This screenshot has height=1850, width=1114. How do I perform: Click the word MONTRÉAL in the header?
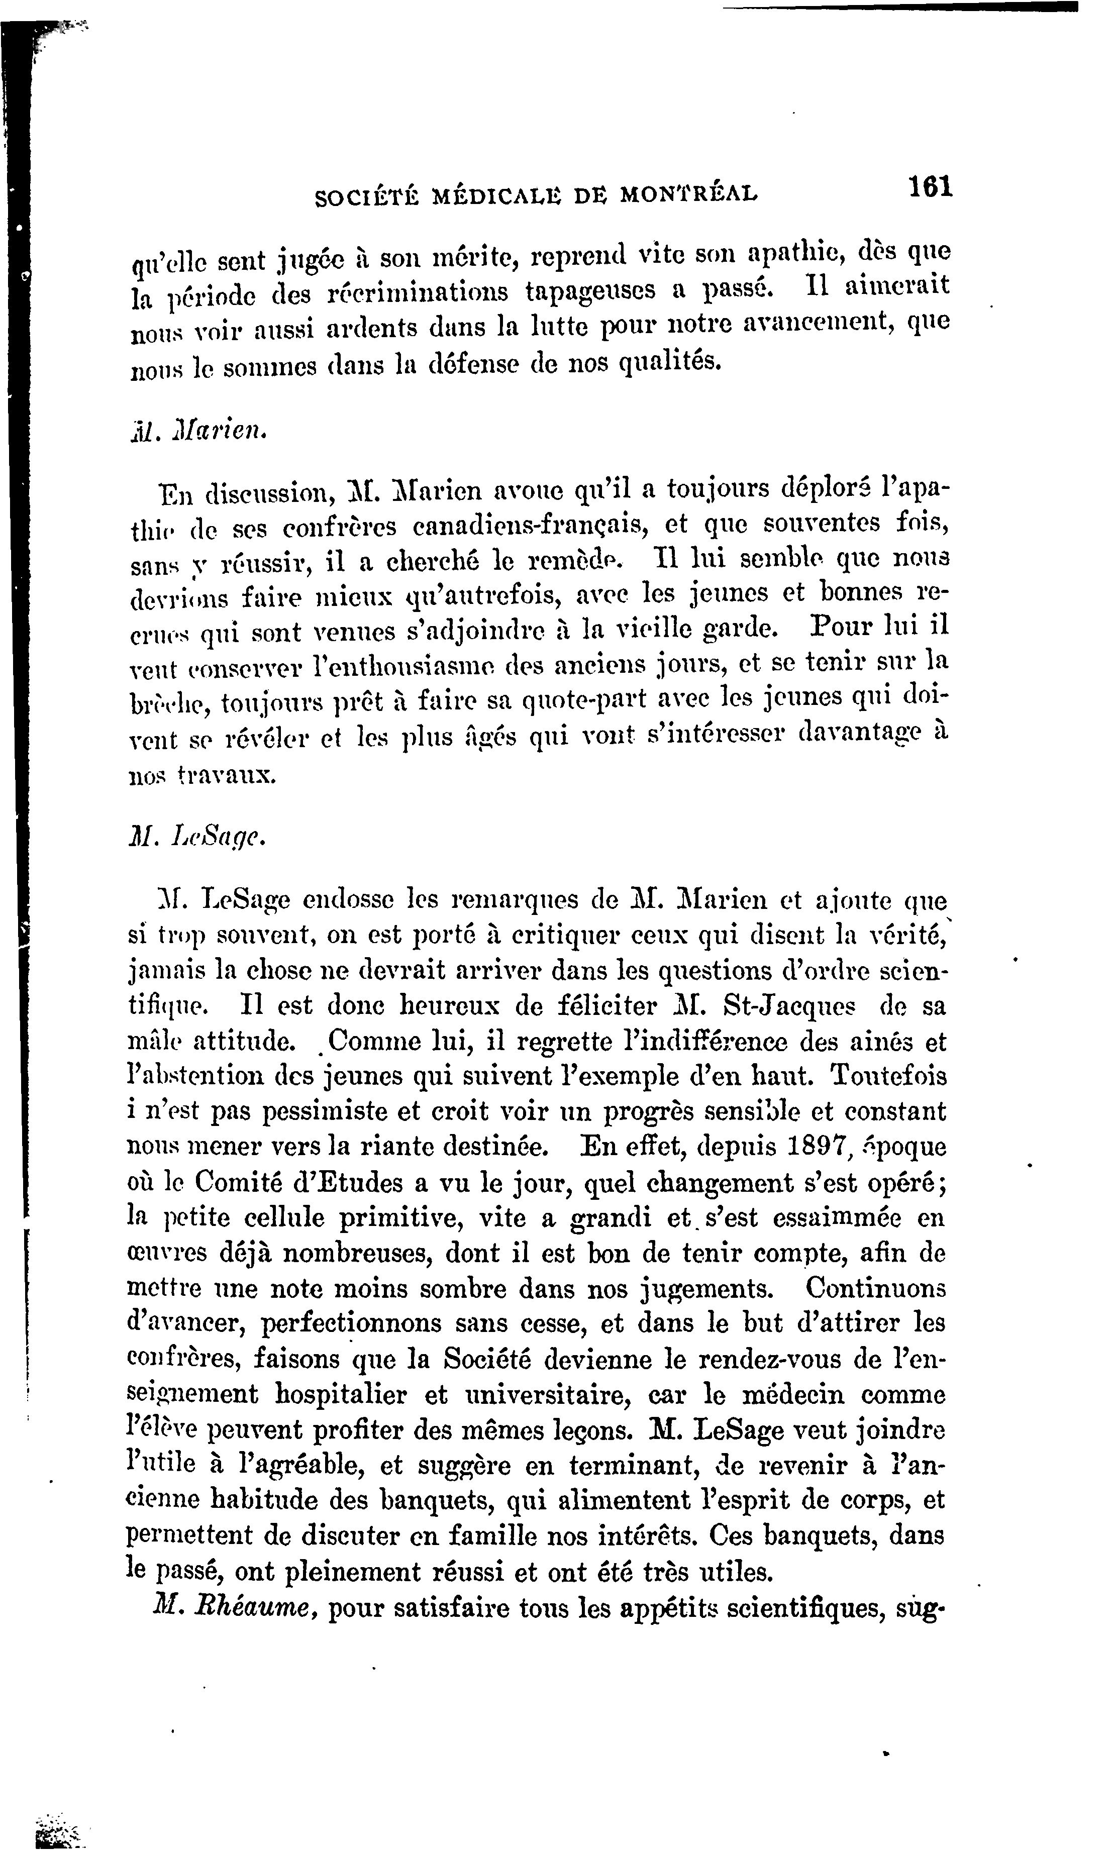pyautogui.click(x=689, y=194)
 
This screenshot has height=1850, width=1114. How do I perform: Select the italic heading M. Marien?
pyautogui.click(x=197, y=432)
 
